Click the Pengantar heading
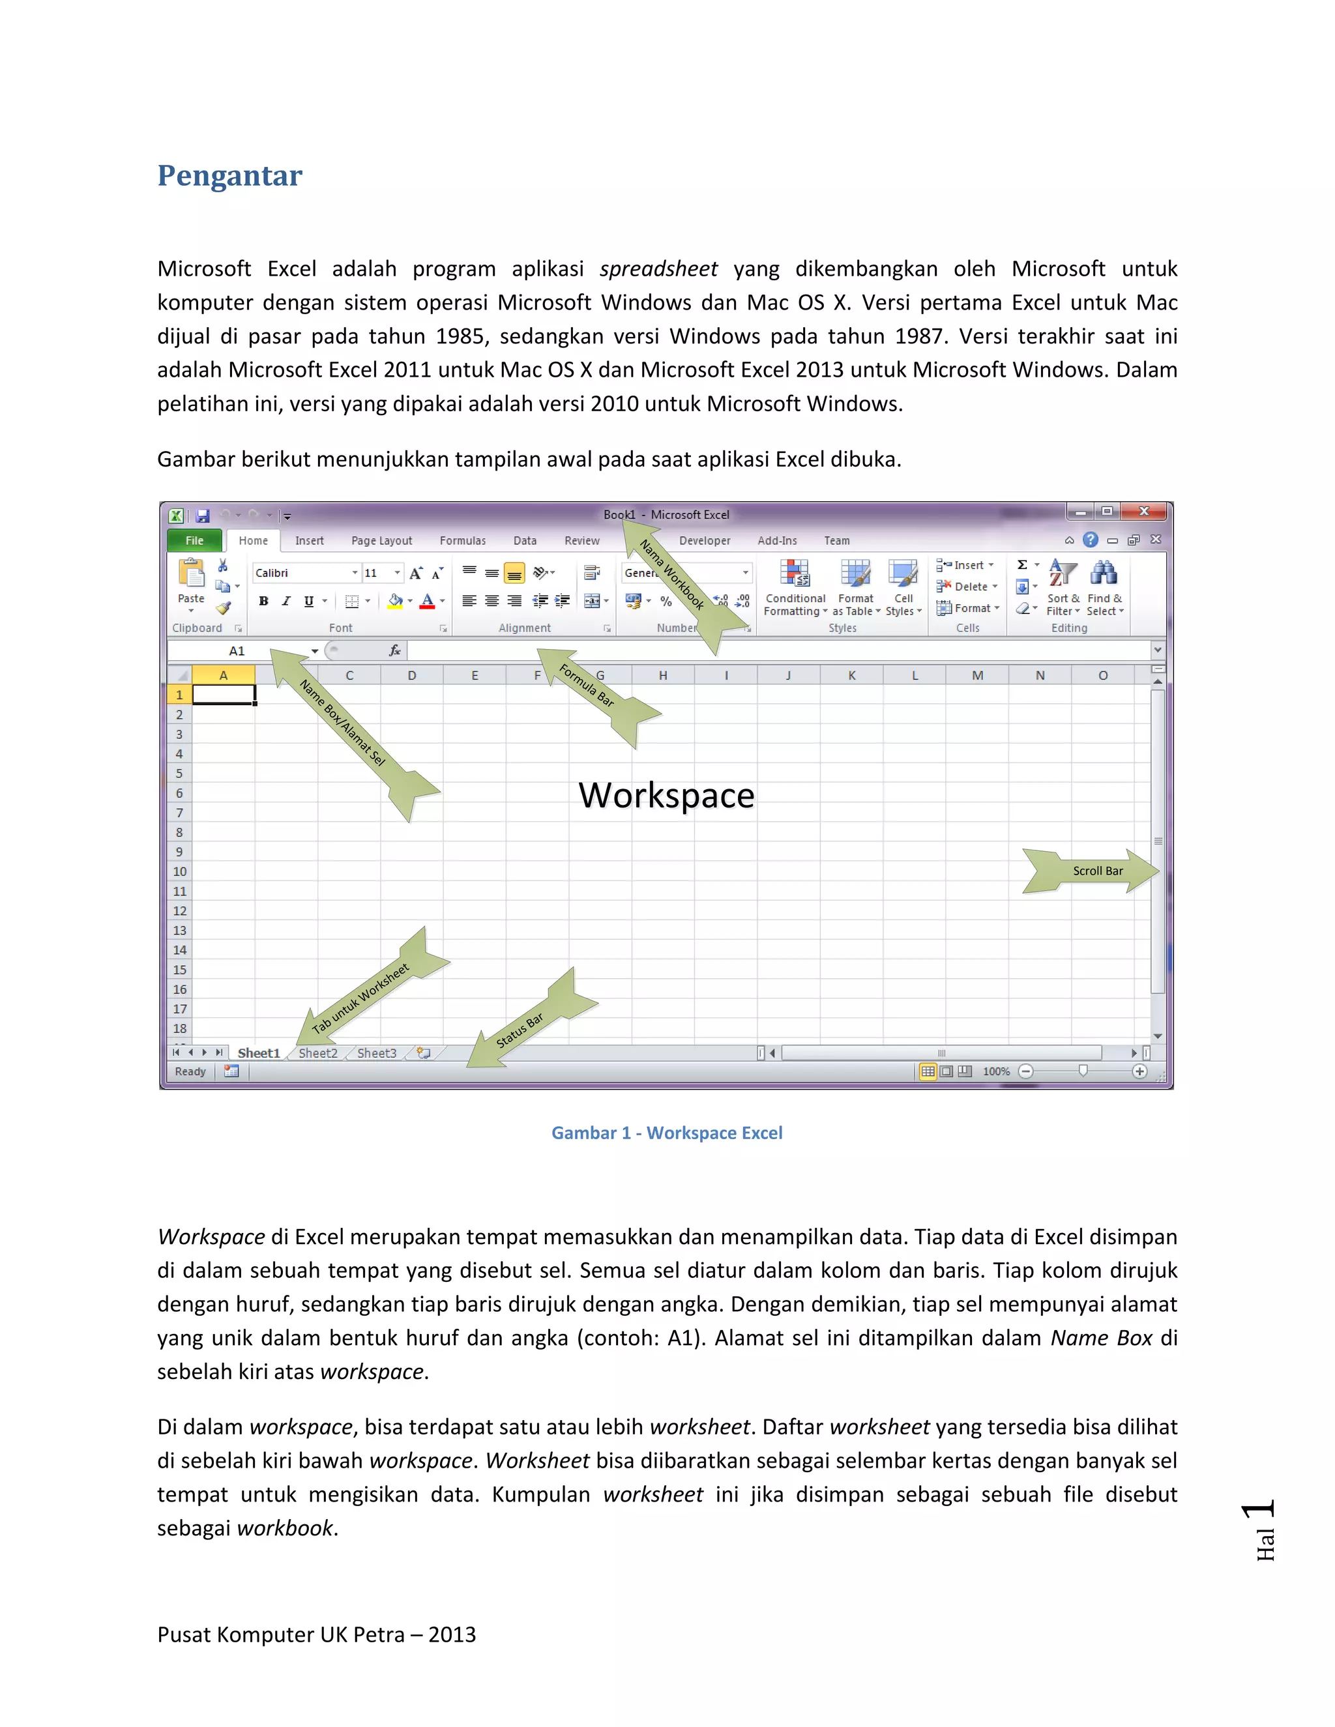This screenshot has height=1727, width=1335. click(x=229, y=175)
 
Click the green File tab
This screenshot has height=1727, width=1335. click(x=194, y=541)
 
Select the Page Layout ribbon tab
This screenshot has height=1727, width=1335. click(x=381, y=541)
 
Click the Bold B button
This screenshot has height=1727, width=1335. click(x=263, y=602)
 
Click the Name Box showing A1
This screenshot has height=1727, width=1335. click(x=237, y=652)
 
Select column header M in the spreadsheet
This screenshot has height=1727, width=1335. click(x=978, y=676)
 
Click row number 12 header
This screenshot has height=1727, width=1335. click(x=179, y=912)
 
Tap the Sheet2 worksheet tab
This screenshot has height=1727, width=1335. click(x=318, y=1054)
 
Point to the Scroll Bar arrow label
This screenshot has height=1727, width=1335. click(x=1098, y=871)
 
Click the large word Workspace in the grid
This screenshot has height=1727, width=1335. click(x=666, y=796)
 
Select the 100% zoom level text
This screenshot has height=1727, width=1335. click(x=996, y=1072)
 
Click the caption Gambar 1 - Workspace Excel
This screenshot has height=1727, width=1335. click(x=667, y=1134)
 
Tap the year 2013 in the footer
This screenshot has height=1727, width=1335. click(x=452, y=1635)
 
